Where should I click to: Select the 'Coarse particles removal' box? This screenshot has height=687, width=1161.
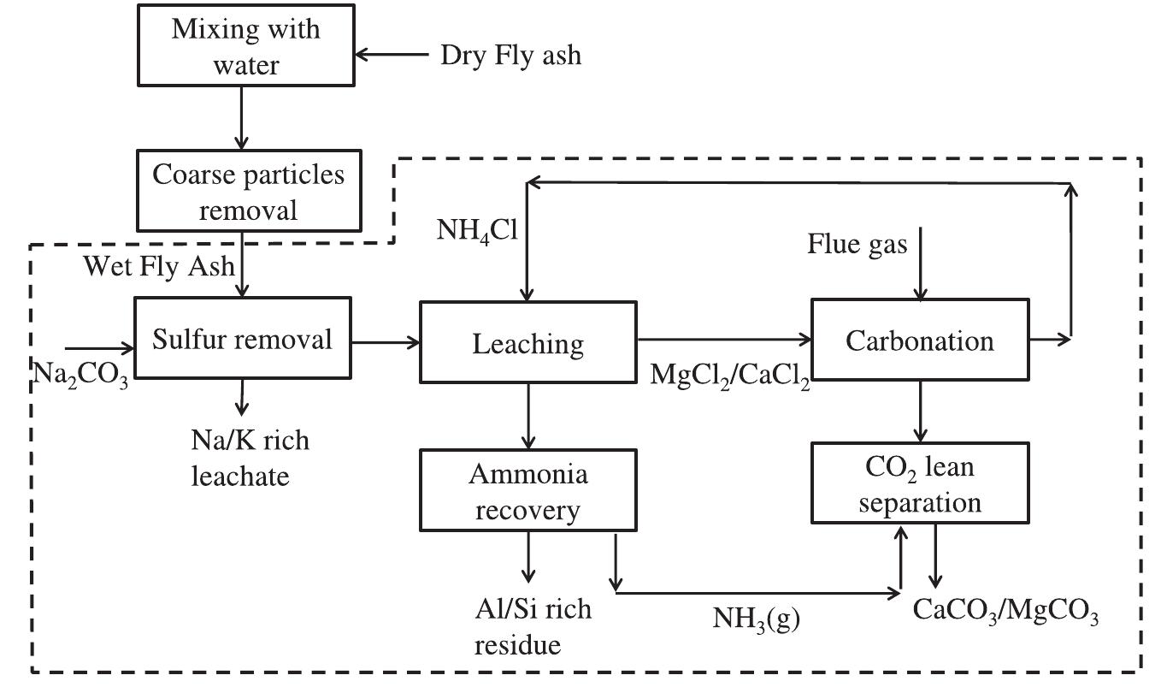pyautogui.click(x=249, y=190)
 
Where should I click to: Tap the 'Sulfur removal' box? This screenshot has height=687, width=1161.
pyautogui.click(x=242, y=340)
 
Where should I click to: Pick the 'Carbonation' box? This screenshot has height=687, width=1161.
pyautogui.click(x=920, y=341)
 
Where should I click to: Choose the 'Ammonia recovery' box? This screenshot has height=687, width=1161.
pyautogui.click(x=528, y=491)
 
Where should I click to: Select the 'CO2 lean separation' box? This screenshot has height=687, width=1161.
pyautogui.click(x=920, y=484)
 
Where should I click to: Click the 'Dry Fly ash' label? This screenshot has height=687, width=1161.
pyautogui.click(x=510, y=56)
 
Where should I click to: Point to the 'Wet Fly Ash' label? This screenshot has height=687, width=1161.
pyautogui.click(x=157, y=266)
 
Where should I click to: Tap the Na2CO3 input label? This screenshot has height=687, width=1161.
pyautogui.click(x=80, y=373)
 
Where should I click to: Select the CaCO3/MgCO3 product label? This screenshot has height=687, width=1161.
pyautogui.click(x=1005, y=611)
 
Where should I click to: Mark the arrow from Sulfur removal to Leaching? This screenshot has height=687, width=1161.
pyautogui.click(x=386, y=342)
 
